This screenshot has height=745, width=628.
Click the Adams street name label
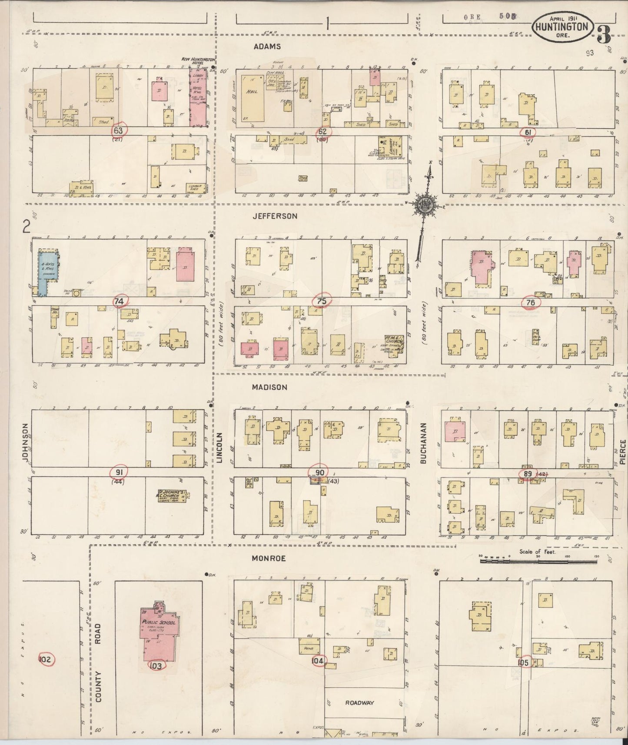pos(267,47)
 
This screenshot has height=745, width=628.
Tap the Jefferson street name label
pos(275,216)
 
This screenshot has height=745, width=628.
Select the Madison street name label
pos(270,387)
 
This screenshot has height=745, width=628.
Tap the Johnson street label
pos(25,442)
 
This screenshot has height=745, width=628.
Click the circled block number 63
pos(118,130)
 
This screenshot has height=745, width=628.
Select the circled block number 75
pos(322,300)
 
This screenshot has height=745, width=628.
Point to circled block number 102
pos(46,660)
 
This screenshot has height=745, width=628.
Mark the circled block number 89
pos(528,474)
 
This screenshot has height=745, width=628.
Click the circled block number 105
pos(523,663)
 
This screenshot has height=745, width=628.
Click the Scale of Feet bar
pos(538,561)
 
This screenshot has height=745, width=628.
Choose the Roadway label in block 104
pos(359,703)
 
